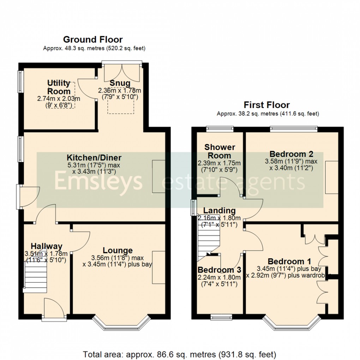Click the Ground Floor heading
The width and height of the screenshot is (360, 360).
coord(93,40)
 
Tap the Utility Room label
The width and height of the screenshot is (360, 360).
coord(59,87)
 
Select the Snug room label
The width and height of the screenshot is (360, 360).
coord(119,83)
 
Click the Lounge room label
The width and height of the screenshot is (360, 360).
coord(118,251)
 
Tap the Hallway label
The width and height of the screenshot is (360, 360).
coord(46,246)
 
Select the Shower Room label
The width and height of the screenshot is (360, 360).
coord(220,151)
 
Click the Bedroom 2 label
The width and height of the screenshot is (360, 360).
coord(291,154)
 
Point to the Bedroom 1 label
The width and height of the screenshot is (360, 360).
coord(289,262)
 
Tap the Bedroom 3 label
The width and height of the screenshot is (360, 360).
coord(219,270)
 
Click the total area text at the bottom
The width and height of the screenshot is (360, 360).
coord(180,354)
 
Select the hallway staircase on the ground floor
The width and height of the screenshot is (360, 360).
coord(35,279)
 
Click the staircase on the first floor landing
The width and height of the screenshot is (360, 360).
coord(208,240)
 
